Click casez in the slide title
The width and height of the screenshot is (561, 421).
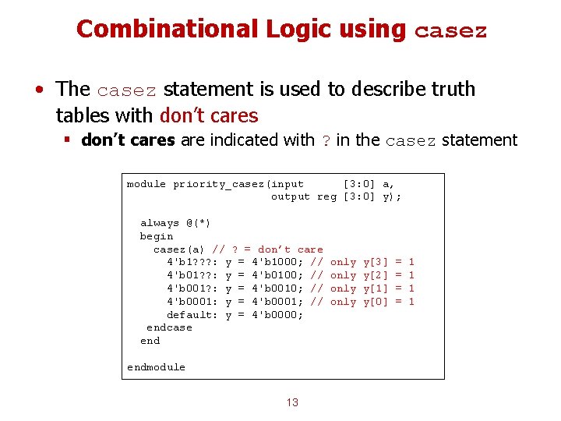coord(450,31)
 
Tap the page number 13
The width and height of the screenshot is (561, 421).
coord(292,402)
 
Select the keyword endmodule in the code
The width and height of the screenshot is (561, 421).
coord(156,367)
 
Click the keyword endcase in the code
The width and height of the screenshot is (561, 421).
coord(169,327)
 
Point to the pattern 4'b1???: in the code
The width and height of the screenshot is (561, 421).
coord(192,262)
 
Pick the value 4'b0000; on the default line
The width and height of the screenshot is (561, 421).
coord(277,315)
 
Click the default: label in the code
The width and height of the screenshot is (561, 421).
coord(192,315)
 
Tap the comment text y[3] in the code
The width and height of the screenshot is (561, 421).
coord(376,262)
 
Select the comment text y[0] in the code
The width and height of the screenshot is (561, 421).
coord(376,302)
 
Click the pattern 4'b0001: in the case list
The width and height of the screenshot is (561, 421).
coord(192,302)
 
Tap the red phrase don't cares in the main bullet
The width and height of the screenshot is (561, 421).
coord(208,115)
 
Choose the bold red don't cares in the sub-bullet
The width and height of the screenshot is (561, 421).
coord(129,140)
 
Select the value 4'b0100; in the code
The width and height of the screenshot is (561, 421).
coord(277,275)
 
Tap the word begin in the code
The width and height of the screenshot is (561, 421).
coord(156,236)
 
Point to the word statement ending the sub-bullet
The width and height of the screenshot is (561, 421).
coord(479,140)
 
